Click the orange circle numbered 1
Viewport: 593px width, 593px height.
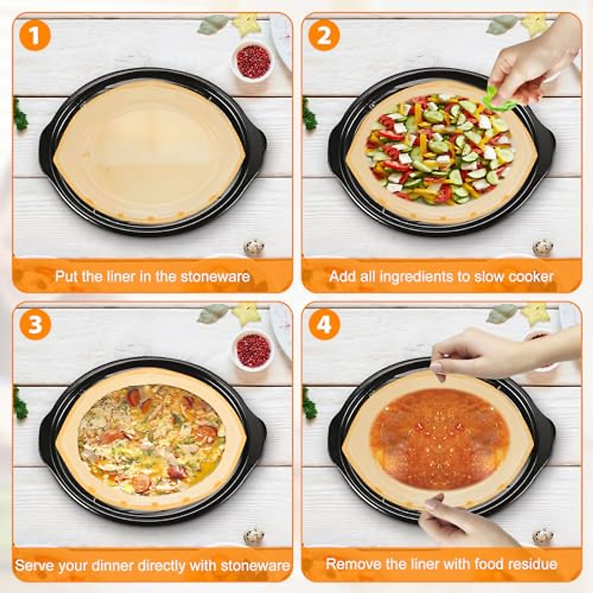(x=35, y=36)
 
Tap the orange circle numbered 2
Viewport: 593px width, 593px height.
(x=324, y=36)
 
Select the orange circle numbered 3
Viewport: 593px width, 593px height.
(x=35, y=325)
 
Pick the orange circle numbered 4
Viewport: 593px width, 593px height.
(x=324, y=325)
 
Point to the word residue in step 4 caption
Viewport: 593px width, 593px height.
(x=531, y=564)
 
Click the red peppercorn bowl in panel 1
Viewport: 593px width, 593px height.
(x=253, y=61)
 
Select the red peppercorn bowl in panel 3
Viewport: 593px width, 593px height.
(x=253, y=350)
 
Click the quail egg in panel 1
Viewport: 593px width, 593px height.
(x=254, y=247)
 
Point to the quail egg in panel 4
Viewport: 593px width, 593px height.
(x=543, y=536)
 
